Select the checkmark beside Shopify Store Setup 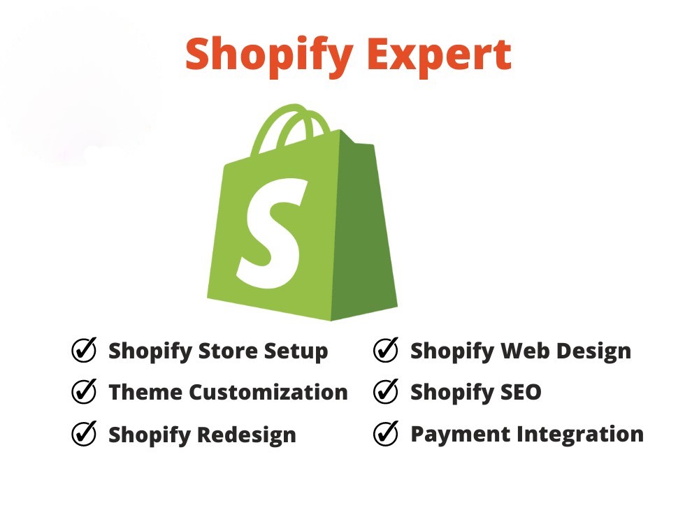pos(84,350)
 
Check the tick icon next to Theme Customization pos(84,392)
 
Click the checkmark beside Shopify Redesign pos(84,434)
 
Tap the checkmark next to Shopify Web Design pos(386,350)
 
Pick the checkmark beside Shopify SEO pos(386,392)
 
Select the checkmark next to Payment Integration pos(386,434)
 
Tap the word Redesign pos(247,435)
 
